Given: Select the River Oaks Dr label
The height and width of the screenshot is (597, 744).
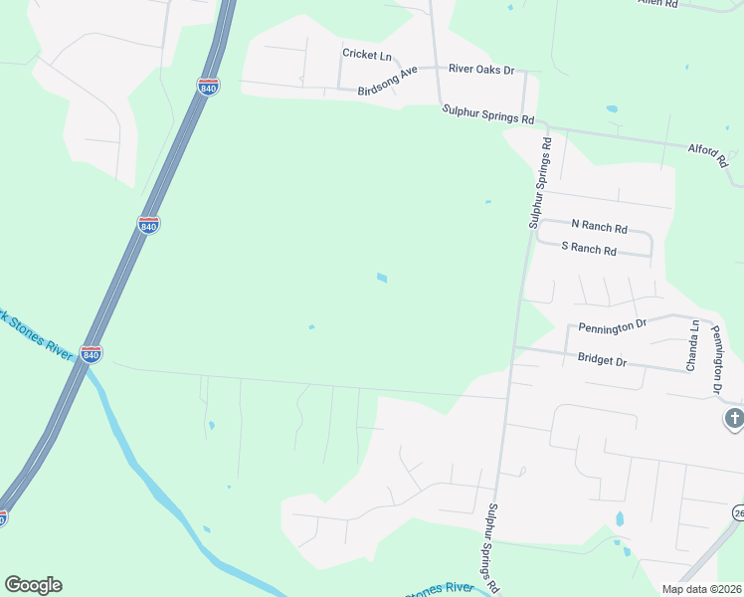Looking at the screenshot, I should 481,69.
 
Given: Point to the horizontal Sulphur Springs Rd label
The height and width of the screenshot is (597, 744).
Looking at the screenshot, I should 488,116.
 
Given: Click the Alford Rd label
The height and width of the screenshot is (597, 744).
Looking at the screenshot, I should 709,151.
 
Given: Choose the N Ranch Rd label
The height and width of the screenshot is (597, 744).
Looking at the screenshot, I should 599,227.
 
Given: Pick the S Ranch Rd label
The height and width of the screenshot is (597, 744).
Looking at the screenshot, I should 589,248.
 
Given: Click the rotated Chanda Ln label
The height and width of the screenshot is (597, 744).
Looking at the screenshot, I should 693,345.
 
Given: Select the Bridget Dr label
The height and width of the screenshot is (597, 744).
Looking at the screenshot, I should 602,359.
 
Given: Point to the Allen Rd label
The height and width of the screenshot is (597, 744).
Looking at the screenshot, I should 657,4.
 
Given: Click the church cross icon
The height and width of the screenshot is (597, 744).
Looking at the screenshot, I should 734,419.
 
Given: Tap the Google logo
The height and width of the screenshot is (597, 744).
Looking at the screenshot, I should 33,584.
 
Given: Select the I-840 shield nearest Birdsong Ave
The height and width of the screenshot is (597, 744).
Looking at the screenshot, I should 208,88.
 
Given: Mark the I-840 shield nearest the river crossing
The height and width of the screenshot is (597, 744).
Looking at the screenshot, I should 92,353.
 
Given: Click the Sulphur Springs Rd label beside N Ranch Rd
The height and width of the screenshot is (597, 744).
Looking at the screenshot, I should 540,183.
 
